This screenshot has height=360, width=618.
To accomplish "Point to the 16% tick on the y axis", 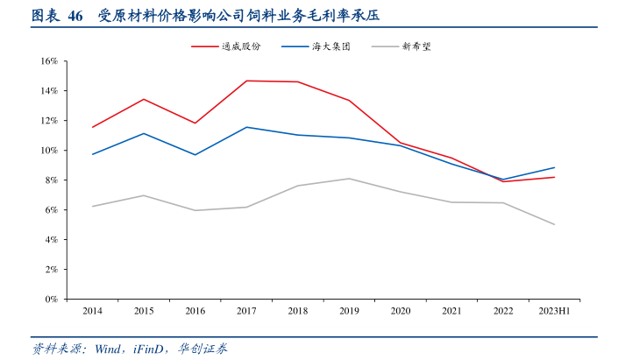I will pyautogui.click(x=48, y=61).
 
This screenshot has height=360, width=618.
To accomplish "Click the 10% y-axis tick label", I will pyautogui.click(x=48, y=151).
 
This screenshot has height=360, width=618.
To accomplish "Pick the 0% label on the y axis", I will pyautogui.click(x=51, y=300).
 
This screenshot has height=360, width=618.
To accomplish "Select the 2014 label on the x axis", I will pyautogui.click(x=91, y=311).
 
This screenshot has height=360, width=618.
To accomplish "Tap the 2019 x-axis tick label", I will pyautogui.click(x=349, y=311).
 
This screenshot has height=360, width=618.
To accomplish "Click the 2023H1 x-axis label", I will pyautogui.click(x=554, y=311).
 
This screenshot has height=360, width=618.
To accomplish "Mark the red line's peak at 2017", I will pyautogui.click(x=246, y=81).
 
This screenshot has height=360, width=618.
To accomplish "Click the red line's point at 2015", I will pyautogui.click(x=143, y=99).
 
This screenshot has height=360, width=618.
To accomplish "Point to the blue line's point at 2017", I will pyautogui.click(x=246, y=127).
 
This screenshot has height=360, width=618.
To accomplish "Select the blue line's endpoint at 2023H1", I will pyautogui.click(x=554, y=167).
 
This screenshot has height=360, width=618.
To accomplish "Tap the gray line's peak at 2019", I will pyautogui.click(x=349, y=179).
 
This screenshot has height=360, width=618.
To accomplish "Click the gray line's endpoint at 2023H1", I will pyautogui.click(x=554, y=224).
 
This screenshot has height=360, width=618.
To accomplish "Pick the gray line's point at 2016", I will pyautogui.click(x=195, y=210).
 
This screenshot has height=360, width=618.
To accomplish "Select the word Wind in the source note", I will pyautogui.click(x=108, y=349).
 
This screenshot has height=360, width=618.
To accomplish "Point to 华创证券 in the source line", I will pyautogui.click(x=202, y=349).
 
